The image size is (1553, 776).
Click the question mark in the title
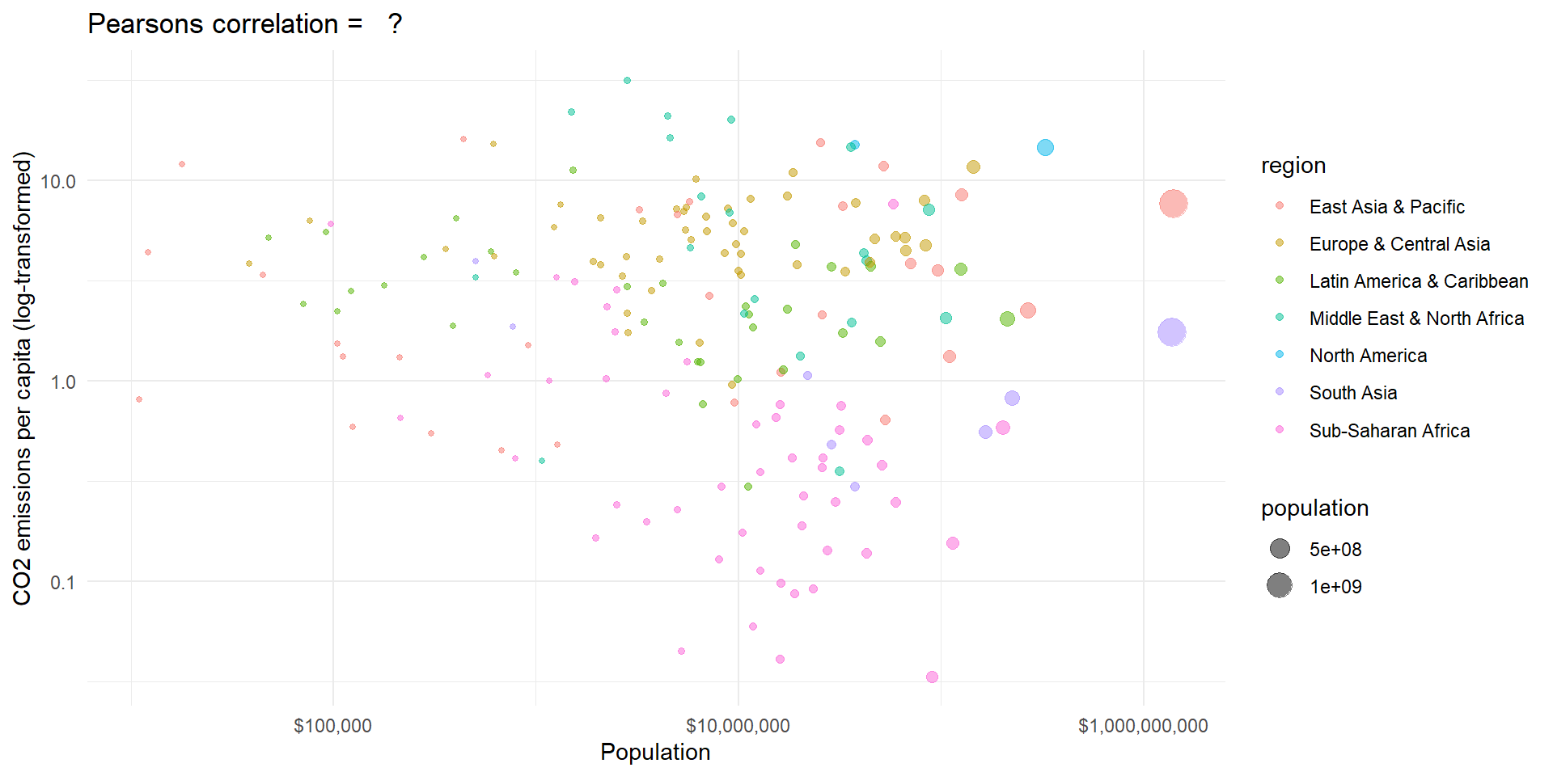(395, 24)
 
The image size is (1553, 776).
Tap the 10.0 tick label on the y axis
(58, 181)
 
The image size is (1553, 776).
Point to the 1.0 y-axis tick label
(63, 382)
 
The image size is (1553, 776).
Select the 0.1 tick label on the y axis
(63, 582)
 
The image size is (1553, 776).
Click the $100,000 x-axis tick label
(332, 726)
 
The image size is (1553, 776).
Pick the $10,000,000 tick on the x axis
(738, 726)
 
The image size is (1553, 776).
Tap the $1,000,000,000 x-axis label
(1143, 726)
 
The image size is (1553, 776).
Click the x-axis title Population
(655, 753)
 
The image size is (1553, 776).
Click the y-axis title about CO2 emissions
(23, 378)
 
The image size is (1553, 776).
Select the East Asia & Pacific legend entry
(1386, 207)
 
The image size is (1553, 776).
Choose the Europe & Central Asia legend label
(1399, 244)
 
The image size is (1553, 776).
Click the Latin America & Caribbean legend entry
(1419, 281)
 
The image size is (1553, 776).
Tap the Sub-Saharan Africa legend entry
(1389, 431)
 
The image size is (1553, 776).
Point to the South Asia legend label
(1353, 393)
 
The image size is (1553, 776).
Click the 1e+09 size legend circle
(1280, 585)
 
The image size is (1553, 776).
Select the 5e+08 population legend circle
(1280, 549)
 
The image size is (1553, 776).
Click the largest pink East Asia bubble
(1173, 204)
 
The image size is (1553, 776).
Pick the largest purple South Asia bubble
(1171, 331)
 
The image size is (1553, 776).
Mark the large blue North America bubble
(1045, 147)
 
